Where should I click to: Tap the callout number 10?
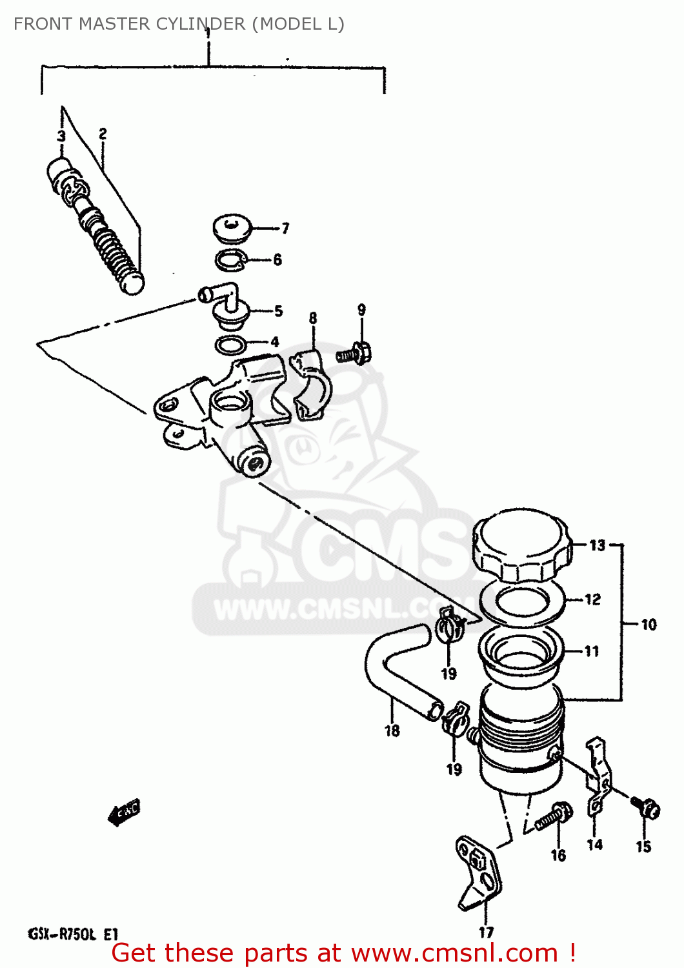648,625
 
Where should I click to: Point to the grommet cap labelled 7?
232,229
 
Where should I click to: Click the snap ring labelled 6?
230,260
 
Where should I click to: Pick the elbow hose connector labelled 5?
223,303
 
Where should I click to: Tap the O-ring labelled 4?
230,345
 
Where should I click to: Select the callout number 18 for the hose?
392,731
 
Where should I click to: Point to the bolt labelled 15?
647,808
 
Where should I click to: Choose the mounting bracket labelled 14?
598,778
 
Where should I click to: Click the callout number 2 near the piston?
103,134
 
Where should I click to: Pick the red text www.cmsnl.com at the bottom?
453,953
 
